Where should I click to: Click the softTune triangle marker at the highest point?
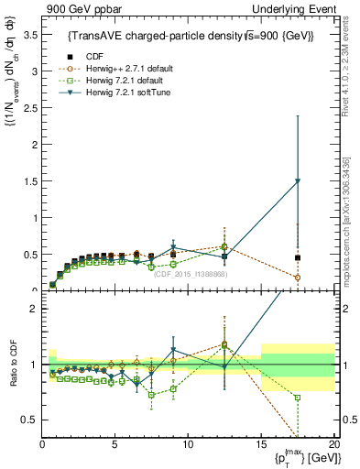click(x=298, y=181)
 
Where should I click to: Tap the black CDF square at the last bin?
click(x=298, y=257)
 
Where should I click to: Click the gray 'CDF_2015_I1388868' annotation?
click(x=190, y=274)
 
